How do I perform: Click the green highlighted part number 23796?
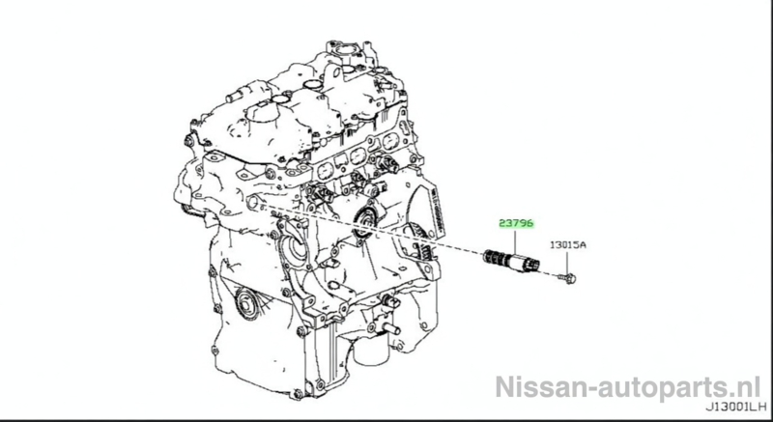516,224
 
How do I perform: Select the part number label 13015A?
568,244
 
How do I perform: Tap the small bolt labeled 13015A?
567,279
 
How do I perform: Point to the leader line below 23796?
516,242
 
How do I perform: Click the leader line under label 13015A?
567,262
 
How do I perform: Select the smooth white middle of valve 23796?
513,262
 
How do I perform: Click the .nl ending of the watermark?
746,386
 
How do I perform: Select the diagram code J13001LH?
736,408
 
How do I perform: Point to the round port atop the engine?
347,51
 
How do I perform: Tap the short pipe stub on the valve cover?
236,97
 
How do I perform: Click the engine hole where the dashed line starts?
254,202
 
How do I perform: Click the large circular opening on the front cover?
297,247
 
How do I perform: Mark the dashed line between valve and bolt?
549,272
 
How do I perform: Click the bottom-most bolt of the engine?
298,394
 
